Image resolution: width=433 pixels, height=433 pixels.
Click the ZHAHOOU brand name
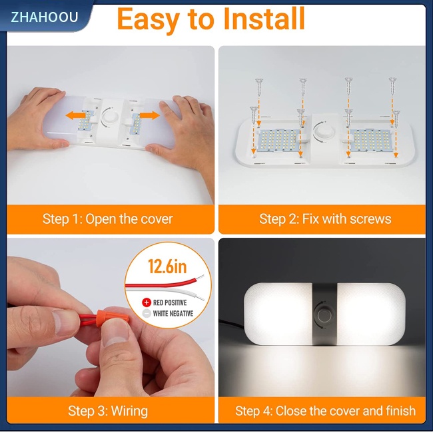coord(44,17)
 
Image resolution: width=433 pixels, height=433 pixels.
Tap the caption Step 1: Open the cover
coord(107,219)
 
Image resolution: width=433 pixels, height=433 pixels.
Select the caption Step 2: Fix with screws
coord(325,219)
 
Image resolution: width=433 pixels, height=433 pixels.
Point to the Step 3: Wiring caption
coord(107,410)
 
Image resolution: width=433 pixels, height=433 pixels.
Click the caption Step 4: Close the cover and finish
coord(325,410)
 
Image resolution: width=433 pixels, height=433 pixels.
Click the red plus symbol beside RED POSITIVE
coord(147,302)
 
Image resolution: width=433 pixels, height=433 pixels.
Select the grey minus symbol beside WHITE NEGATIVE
coord(147,313)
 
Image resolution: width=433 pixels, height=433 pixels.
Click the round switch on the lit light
coord(324,314)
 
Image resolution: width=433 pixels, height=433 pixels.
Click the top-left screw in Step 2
coord(258,85)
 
